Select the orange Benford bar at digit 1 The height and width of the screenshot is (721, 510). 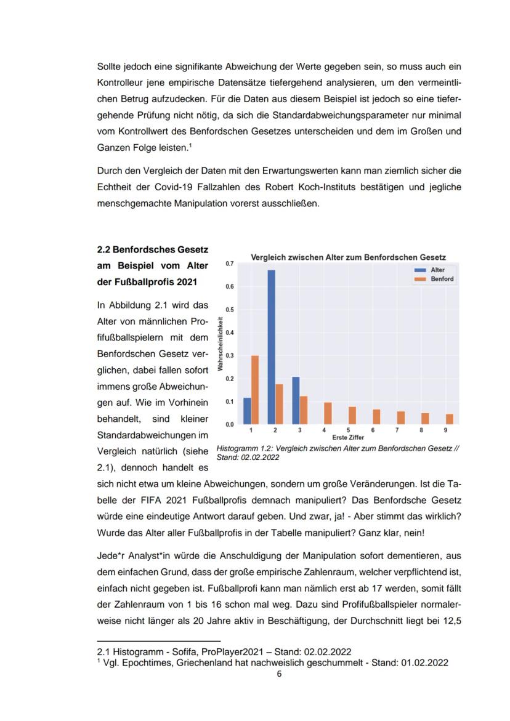click(x=255, y=390)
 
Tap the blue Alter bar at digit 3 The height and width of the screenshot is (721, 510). click(x=296, y=400)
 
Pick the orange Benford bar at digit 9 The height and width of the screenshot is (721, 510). click(x=450, y=419)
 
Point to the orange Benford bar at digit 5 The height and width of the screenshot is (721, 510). click(x=352, y=415)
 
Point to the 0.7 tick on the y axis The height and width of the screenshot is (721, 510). click(x=230, y=264)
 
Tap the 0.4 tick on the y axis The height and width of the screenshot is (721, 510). click(x=230, y=332)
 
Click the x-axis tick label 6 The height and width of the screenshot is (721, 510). click(x=373, y=430)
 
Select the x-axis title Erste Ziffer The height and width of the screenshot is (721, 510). click(x=348, y=437)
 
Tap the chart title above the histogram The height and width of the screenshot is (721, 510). click(x=348, y=257)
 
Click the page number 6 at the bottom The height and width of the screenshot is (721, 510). click(x=279, y=674)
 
